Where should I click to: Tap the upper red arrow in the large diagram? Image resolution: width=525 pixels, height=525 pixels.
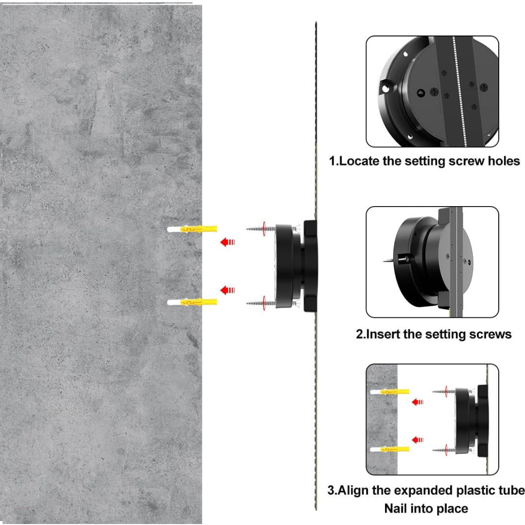pyautogui.click(x=227, y=242)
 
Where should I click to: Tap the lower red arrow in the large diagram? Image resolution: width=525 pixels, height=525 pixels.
pyautogui.click(x=227, y=290)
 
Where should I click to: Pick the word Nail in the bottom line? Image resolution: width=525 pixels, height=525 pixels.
pyautogui.click(x=397, y=508)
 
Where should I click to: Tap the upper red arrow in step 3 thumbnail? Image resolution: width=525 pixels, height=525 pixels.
pyautogui.click(x=417, y=402)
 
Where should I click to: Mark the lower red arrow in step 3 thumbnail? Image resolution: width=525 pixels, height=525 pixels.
pyautogui.click(x=417, y=439)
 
